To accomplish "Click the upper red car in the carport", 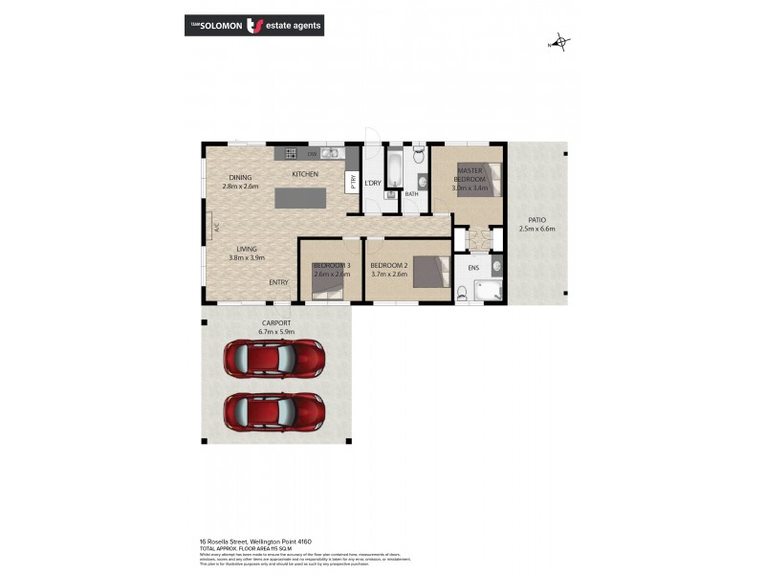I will [x=274, y=359].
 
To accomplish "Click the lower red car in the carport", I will [x=274, y=412].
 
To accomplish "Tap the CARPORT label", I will [x=275, y=322].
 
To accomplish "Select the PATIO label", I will [x=536, y=219].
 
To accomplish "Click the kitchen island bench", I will [x=300, y=198].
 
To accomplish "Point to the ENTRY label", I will [x=278, y=282].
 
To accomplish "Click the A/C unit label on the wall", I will [x=217, y=228].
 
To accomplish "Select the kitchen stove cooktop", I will [x=287, y=153].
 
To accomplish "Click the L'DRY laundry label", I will [x=373, y=183].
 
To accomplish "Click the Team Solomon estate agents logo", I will [x=253, y=26].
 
